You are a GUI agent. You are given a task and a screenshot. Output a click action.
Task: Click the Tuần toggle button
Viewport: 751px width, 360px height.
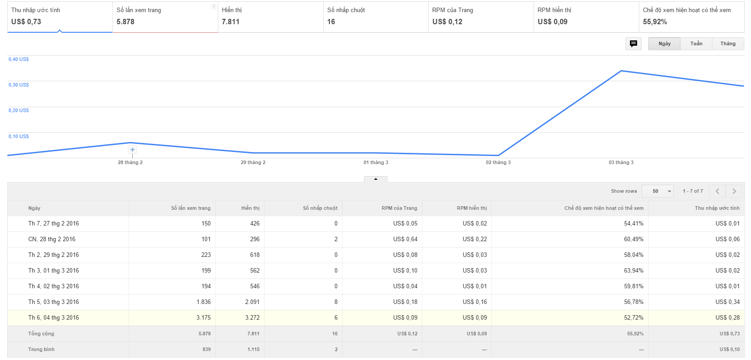(696, 43)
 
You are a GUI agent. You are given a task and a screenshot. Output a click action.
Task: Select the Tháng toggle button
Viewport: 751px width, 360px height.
(728, 43)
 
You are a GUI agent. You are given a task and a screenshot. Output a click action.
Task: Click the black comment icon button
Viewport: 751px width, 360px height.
(634, 43)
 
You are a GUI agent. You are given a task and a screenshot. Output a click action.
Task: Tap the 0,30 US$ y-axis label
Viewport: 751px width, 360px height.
(18, 85)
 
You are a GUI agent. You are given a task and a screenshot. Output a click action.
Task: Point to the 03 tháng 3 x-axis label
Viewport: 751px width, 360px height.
(621, 162)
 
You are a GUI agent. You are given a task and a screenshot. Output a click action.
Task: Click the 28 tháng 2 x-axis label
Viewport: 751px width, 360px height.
(130, 162)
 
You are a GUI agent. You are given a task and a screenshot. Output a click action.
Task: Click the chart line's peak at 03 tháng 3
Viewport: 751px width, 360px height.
(621, 71)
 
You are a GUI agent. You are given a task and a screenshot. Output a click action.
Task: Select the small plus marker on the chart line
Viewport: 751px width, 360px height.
(132, 150)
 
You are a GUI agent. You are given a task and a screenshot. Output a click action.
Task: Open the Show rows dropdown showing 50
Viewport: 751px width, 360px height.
(658, 191)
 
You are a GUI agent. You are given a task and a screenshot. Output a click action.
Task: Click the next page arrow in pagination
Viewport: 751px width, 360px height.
(734, 191)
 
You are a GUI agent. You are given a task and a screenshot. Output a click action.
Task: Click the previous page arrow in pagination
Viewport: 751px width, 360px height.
(717, 191)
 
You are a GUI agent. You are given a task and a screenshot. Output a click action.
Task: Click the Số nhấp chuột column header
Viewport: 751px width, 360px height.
(320, 208)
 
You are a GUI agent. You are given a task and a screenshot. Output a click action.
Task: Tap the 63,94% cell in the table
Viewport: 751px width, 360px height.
(634, 270)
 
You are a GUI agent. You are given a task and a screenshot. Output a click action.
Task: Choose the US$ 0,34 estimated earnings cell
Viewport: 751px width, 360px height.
(727, 302)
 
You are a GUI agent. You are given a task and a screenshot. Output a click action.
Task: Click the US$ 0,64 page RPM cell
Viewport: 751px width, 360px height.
(405, 239)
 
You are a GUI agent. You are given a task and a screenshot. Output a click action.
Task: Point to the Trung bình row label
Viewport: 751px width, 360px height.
(41, 349)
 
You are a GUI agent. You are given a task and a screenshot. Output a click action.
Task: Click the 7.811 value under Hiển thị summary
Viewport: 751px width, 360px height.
(230, 22)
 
